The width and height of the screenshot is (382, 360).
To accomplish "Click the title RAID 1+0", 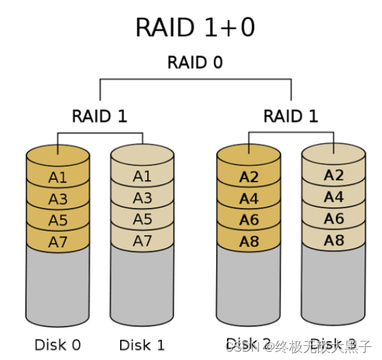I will point(196,28).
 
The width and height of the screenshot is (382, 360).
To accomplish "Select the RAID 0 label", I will point(195,63).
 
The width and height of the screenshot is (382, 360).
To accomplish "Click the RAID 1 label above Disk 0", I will point(99,116).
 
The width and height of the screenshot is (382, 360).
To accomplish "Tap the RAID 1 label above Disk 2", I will point(291,116).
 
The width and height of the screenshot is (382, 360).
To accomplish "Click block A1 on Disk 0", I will point(58,177).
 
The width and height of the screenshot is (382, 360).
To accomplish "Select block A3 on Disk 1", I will point(142,199).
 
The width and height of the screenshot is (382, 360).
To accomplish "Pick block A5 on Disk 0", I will point(58,220).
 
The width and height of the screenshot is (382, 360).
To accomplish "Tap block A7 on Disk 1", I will point(142,241).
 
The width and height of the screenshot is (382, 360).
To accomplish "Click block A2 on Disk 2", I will point(249,177).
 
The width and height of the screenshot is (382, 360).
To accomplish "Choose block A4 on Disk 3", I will point(333,197).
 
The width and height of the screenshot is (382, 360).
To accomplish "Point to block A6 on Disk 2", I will point(249,220).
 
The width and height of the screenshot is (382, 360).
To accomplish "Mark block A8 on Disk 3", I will point(333,240).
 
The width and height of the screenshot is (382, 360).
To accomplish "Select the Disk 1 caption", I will point(142,345).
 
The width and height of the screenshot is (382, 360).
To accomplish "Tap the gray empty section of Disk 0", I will point(58,288).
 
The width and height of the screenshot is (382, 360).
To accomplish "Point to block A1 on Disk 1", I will point(142,177).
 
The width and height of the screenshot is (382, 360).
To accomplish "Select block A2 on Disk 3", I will point(333,175).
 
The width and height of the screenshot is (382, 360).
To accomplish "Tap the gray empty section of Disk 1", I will point(142,288).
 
